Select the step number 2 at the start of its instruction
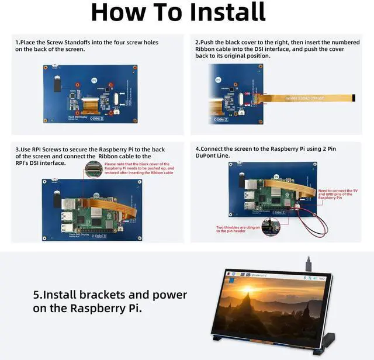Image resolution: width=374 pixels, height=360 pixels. tap(197, 42)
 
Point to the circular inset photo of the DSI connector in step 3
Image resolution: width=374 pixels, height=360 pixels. tap(93, 170)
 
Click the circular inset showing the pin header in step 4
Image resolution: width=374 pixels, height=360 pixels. tap(270, 227)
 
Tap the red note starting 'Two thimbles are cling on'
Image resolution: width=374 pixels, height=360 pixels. tap(238, 229)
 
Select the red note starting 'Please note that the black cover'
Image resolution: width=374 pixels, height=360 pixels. tap(138, 168)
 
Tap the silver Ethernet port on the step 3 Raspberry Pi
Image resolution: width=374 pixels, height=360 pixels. tap(66, 205)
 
